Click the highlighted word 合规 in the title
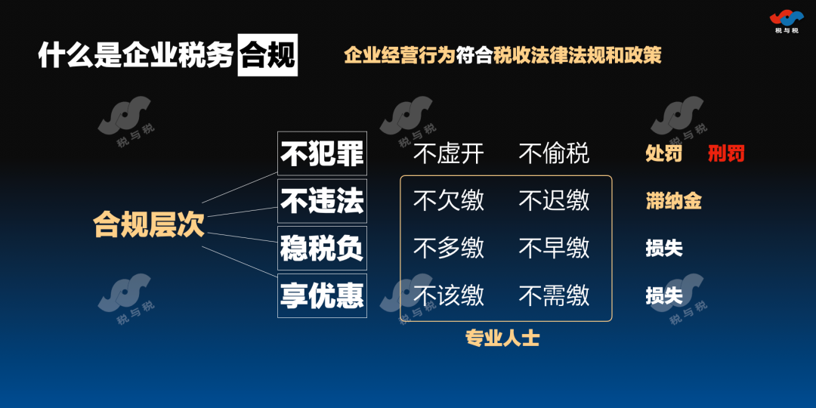[267, 55]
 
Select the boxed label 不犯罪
[322, 153]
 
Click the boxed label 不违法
[322, 201]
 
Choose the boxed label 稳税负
[322, 249]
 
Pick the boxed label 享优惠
[322, 295]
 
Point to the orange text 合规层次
[149, 224]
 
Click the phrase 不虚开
[449, 153]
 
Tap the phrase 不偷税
[555, 153]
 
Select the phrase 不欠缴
[449, 200]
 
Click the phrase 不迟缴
[555, 200]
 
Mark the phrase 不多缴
[449, 248]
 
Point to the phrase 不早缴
[555, 248]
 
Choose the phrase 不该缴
[449, 295]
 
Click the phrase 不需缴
[555, 295]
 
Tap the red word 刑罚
[726, 153]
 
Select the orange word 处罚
[664, 153]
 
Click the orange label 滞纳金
[673, 201]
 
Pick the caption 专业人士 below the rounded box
[502, 338]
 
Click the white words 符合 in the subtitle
[474, 55]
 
